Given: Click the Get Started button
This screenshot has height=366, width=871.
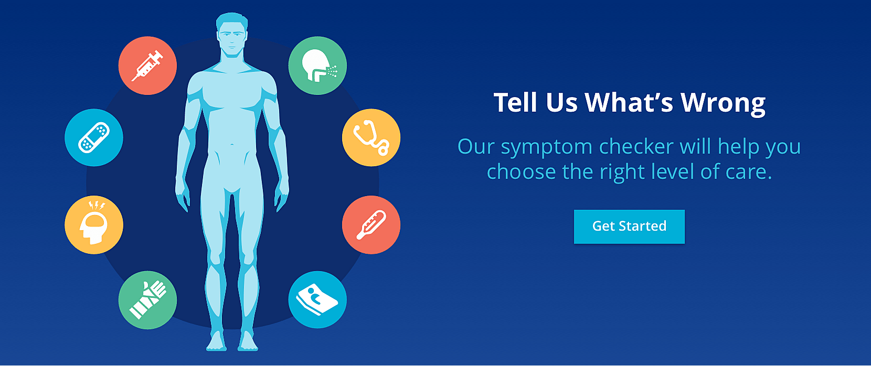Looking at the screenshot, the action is pyautogui.click(x=629, y=227).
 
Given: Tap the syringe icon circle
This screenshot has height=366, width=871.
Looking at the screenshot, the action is pyautogui.click(x=147, y=66).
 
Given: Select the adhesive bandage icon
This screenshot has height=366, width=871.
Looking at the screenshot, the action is pyautogui.click(x=94, y=137).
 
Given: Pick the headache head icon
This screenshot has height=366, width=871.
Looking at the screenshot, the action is pyautogui.click(x=94, y=224).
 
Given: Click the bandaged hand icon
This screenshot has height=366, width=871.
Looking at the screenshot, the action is pyautogui.click(x=147, y=300).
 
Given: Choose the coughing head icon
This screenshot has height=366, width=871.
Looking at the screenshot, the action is pyautogui.click(x=317, y=66).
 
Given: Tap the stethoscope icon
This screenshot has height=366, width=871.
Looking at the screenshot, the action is pyautogui.click(x=371, y=137).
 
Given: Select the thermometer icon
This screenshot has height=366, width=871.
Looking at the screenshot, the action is pyautogui.click(x=371, y=224).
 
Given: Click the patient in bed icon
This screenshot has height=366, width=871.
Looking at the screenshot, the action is pyautogui.click(x=317, y=299).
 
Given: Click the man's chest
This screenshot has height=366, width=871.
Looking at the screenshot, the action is pyautogui.click(x=232, y=93).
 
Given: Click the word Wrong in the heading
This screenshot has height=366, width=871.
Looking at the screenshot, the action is pyautogui.click(x=723, y=103).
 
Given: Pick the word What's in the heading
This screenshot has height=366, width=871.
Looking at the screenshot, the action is pyautogui.click(x=629, y=102).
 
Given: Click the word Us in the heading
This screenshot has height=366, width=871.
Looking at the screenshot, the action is pyautogui.click(x=561, y=103).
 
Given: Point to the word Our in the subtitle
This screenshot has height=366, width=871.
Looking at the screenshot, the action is pyautogui.click(x=476, y=147).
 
